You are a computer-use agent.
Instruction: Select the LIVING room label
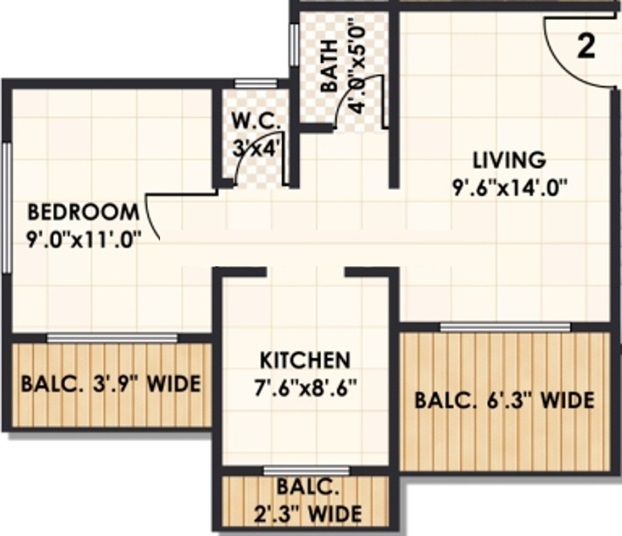pos(509,158)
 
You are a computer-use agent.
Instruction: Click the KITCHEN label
pos(305,361)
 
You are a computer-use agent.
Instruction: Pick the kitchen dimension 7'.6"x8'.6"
pos(304,387)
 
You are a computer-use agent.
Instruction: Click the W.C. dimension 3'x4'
pos(256,149)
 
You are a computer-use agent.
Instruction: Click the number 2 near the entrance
pos(586,46)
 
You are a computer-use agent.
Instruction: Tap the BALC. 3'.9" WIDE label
pos(111,385)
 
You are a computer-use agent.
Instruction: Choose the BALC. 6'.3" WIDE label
pos(505,401)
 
